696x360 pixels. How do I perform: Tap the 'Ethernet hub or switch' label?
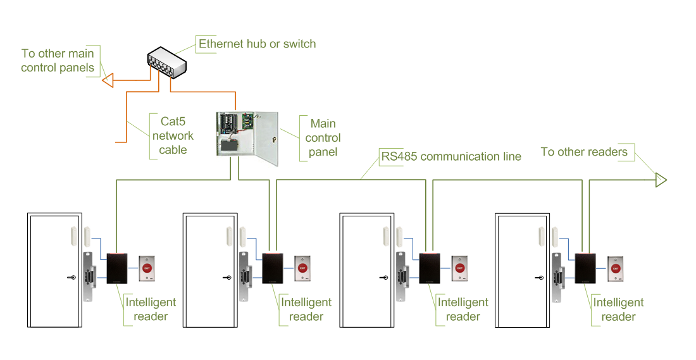(257, 44)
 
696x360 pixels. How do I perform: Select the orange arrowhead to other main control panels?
(108, 80)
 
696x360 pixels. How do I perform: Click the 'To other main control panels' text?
(58, 61)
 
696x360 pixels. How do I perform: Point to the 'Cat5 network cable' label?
(173, 135)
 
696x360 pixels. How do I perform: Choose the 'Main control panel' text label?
(323, 137)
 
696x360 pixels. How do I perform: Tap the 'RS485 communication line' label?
(451, 156)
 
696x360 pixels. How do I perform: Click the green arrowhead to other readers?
(661, 180)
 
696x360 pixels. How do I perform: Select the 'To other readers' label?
(584, 152)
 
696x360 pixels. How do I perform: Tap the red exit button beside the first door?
(147, 268)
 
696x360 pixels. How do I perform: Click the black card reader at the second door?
(273, 268)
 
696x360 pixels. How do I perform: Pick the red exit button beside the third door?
(460, 268)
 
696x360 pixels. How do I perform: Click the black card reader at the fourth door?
(585, 268)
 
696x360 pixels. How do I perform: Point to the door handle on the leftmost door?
(73, 277)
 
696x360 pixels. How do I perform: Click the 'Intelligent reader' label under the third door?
(463, 309)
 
